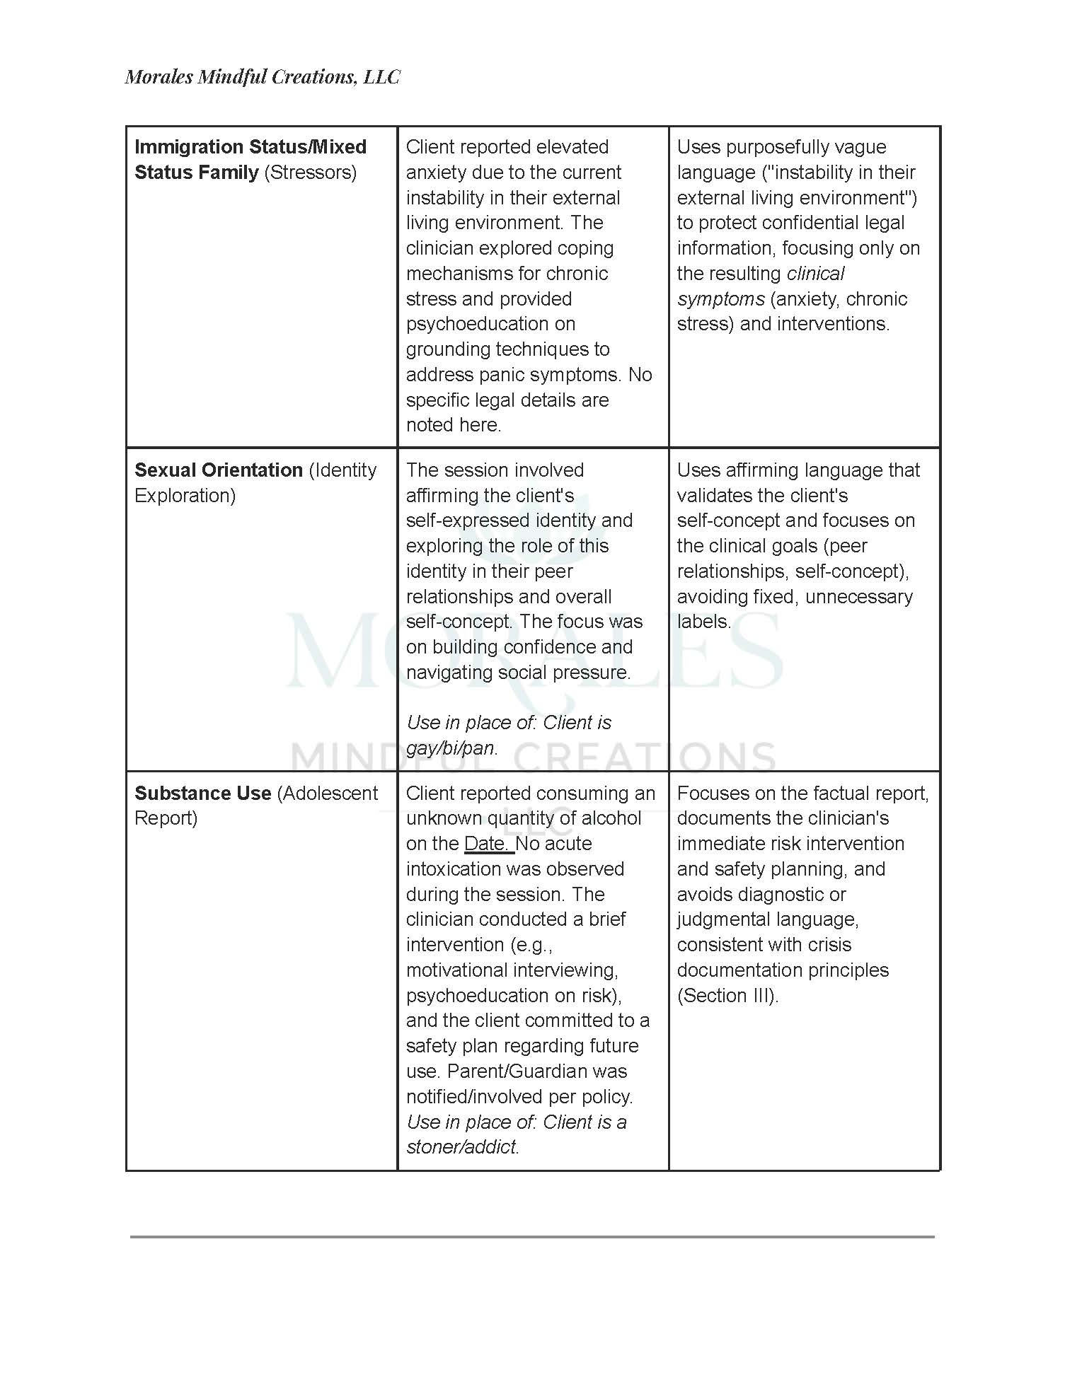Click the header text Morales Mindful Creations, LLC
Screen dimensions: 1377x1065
pos(263,77)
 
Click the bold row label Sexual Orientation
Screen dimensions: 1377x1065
pos(219,470)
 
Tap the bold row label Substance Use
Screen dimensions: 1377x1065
pos(202,794)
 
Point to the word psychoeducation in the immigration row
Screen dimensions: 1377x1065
pos(490,324)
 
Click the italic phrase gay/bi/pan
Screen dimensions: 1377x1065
pos(451,748)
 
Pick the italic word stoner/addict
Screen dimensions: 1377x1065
pos(461,1147)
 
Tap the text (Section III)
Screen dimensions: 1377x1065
pos(727,996)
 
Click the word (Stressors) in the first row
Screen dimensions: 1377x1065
pos(311,173)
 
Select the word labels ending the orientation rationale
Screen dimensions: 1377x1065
pos(703,622)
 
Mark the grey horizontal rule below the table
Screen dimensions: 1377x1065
pos(532,1237)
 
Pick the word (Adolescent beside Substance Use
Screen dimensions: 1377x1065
pos(328,794)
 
